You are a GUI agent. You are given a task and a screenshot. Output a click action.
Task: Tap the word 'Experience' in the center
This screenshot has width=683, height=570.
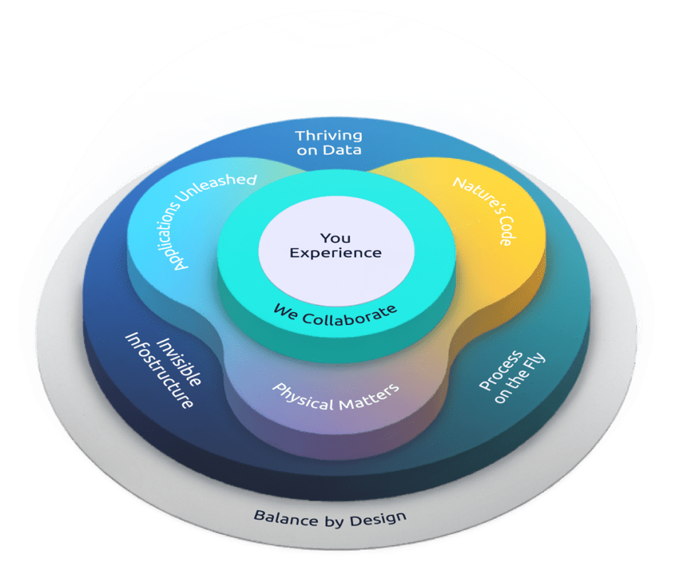pyautogui.click(x=335, y=253)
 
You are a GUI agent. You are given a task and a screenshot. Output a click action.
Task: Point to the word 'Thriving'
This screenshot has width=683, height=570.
pyautogui.click(x=329, y=135)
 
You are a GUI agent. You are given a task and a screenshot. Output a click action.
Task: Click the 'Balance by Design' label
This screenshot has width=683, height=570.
pyautogui.click(x=330, y=518)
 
